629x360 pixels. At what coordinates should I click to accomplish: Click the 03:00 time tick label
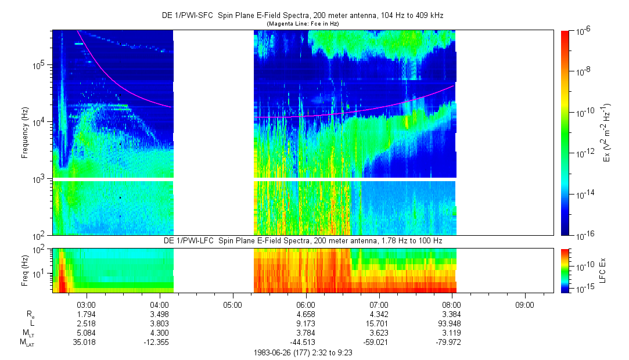pyautogui.click(x=87, y=304)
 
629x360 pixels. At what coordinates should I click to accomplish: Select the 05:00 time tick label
pyautogui.click(x=232, y=304)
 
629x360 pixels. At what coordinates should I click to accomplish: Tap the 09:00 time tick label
pyautogui.click(x=524, y=304)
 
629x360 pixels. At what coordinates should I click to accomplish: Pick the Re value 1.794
pyautogui.click(x=87, y=314)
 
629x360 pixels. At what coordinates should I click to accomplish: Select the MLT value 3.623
pyautogui.click(x=379, y=333)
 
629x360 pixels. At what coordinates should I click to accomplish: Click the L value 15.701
pyautogui.click(x=379, y=323)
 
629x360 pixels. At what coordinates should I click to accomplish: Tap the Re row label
pyautogui.click(x=30, y=314)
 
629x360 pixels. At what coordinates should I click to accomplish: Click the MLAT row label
pyautogui.click(x=27, y=343)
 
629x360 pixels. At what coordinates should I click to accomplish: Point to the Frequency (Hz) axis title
pyautogui.click(x=24, y=132)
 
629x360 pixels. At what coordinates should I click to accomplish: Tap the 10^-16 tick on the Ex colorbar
pyautogui.click(x=584, y=235)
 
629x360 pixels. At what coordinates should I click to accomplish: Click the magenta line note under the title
pyautogui.click(x=302, y=24)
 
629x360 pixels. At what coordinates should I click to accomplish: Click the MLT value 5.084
pyautogui.click(x=87, y=333)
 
